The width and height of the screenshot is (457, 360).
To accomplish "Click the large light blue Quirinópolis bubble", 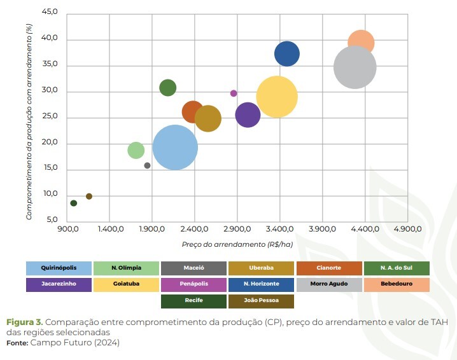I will point(175,147).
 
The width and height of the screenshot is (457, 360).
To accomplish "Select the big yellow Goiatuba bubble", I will point(277,97).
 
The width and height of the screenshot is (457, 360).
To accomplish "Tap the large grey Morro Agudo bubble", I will point(355,67).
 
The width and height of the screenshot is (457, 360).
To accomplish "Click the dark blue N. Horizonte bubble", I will point(287,53).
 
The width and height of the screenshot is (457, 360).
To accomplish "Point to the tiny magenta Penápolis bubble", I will point(234,93).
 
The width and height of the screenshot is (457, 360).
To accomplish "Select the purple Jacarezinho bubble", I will point(248,115).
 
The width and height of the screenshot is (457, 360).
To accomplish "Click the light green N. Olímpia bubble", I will point(136,150).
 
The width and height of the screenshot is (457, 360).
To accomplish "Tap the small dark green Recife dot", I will point(74,203).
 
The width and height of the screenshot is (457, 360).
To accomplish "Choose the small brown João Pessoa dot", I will point(89,196).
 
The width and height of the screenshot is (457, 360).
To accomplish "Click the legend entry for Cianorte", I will point(328,268).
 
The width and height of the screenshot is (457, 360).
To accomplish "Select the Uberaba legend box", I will point(261,268).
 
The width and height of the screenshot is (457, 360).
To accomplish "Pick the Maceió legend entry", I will point(193,268).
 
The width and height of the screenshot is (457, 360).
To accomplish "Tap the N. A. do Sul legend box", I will point(396,268).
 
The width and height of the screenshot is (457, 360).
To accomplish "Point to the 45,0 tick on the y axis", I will point(49,13).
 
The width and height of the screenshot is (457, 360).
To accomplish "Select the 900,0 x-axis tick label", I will point(68,228).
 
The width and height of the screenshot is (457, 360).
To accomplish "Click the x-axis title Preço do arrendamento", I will point(237,244).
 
